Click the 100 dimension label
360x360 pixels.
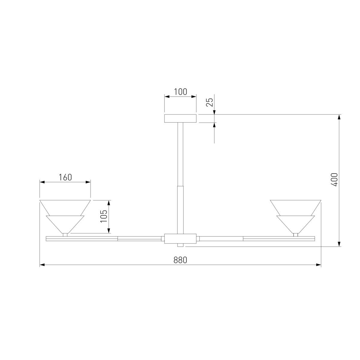click(x=181, y=92)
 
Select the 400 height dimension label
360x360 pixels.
click(x=334, y=180)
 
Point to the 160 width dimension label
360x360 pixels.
click(x=65, y=177)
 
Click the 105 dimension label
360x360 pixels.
click(x=104, y=216)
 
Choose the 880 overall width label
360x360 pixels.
click(x=180, y=260)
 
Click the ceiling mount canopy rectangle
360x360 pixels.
click(x=180, y=118)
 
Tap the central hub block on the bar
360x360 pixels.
click(x=180, y=238)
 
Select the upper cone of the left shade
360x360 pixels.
click(x=65, y=208)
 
